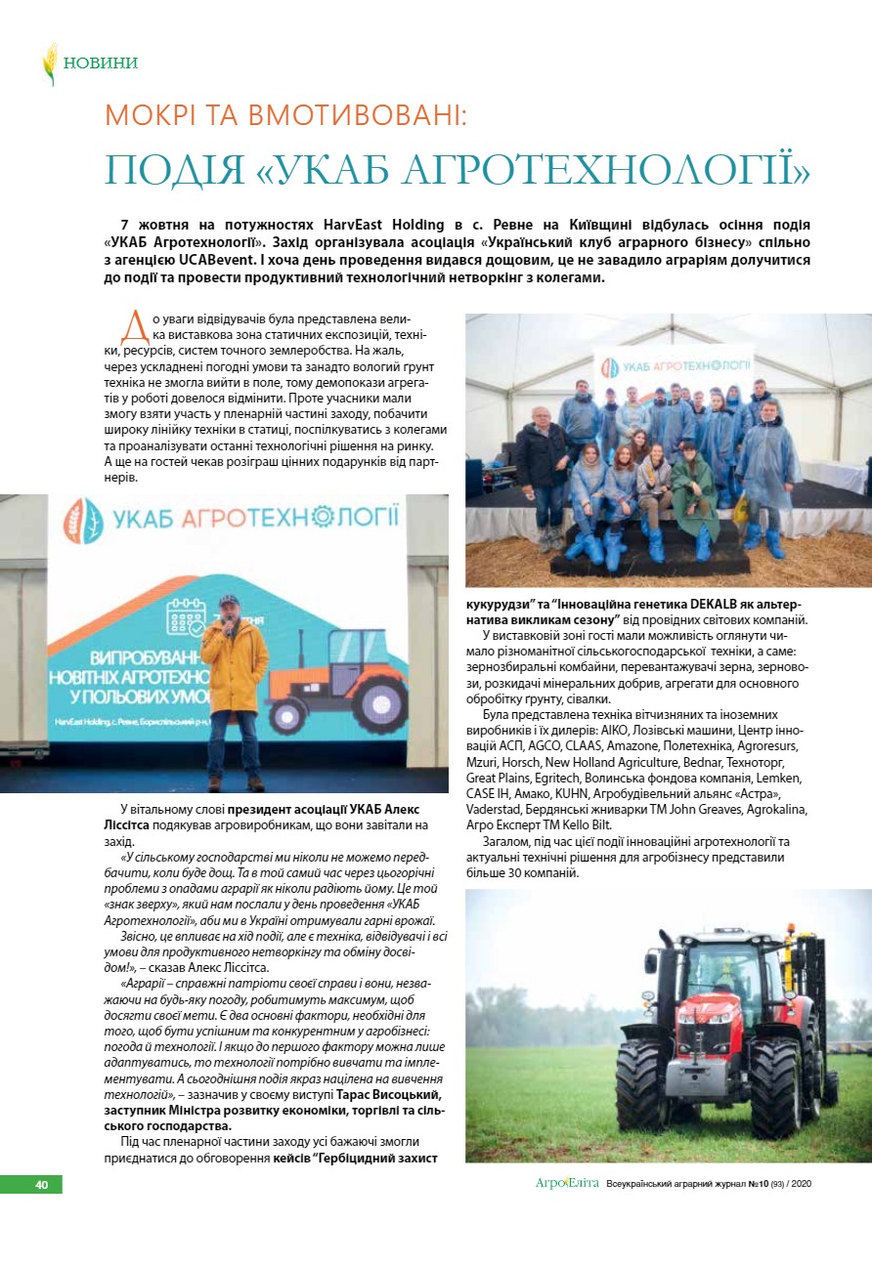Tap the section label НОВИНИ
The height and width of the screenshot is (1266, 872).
(101, 63)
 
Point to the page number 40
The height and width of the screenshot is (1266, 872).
(41, 1184)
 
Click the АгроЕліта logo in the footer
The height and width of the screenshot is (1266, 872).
(567, 1184)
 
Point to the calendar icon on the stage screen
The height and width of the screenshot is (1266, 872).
(186, 618)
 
